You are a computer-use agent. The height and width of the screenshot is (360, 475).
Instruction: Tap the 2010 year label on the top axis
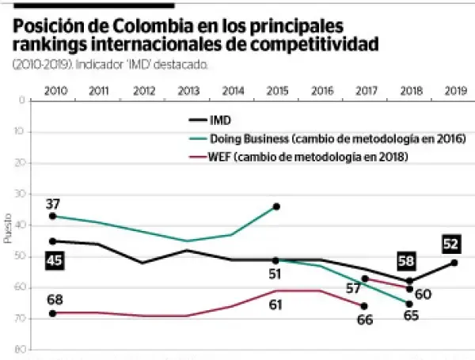pyautogui.click(x=54, y=92)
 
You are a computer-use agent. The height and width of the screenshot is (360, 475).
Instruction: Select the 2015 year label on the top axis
pyautogui.click(x=276, y=92)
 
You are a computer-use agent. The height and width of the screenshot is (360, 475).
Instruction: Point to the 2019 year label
pyautogui.click(x=454, y=92)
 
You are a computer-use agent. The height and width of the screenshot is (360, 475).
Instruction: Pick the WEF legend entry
pyautogui.click(x=310, y=157)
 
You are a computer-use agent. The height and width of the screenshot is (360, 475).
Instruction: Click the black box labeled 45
pyautogui.click(x=54, y=260)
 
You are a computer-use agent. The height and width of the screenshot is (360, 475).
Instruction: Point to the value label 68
pyautogui.click(x=54, y=299)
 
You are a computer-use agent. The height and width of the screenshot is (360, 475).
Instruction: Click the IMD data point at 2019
pyautogui.click(x=454, y=263)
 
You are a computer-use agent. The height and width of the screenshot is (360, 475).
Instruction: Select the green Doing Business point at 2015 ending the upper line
pyautogui.click(x=276, y=207)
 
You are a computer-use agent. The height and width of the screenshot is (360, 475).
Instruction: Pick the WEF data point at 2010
pyautogui.click(x=54, y=313)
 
